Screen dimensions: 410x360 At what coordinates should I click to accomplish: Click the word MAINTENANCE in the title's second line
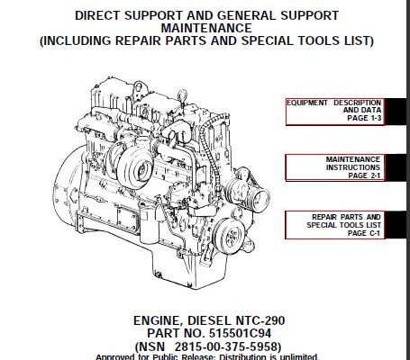206,28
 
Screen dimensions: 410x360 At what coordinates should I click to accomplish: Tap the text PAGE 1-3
364,118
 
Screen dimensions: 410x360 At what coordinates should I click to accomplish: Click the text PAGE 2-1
364,175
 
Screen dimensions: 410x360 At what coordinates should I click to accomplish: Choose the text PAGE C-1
364,233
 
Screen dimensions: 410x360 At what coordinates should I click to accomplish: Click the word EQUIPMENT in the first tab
307,103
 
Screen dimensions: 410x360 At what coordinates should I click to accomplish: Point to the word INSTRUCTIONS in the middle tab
353,167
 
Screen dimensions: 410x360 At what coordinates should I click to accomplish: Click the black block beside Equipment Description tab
395,112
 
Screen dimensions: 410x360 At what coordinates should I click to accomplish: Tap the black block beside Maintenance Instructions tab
395,167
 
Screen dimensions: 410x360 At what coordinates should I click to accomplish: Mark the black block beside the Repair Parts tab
395,225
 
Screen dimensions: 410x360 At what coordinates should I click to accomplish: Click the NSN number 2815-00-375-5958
226,346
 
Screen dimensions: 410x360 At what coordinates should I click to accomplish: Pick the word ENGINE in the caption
157,320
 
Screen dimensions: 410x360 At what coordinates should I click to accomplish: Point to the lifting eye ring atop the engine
181,96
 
